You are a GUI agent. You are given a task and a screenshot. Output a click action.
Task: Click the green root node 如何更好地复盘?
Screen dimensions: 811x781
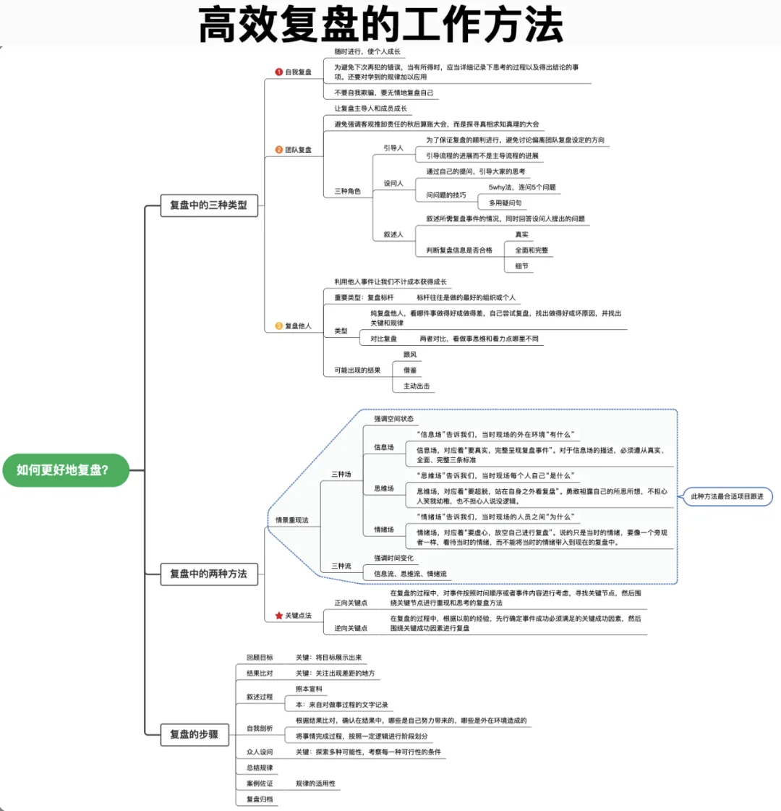pos(65,470)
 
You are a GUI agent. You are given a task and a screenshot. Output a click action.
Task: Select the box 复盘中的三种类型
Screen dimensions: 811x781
pos(208,205)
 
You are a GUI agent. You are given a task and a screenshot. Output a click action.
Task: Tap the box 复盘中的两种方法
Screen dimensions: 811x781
pos(208,574)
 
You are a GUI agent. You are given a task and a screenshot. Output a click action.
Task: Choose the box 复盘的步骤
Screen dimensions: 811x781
pos(194,734)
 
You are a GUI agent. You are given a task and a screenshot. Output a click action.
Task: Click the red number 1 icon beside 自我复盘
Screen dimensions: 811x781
pos(279,72)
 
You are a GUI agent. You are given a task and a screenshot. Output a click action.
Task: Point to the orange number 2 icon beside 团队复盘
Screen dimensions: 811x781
pos(279,150)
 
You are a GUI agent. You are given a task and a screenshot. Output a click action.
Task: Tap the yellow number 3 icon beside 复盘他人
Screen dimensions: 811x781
pos(279,326)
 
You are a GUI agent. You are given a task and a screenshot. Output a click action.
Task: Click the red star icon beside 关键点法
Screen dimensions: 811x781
pos(279,616)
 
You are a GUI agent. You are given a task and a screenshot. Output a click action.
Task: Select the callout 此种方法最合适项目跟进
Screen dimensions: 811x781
pos(727,496)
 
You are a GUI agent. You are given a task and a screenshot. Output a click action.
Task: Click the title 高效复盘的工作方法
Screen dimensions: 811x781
pos(380,25)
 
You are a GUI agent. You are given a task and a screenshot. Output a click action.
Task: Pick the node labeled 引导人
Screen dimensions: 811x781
pos(393,148)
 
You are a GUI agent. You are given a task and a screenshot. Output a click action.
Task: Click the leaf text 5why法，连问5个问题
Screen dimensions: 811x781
pos(522,187)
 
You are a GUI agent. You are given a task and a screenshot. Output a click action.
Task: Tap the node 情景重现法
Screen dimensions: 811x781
pos(292,520)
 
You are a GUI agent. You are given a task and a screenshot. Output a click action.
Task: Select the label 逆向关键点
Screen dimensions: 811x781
pos(351,628)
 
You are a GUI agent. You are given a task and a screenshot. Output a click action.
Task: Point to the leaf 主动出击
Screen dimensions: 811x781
pos(417,386)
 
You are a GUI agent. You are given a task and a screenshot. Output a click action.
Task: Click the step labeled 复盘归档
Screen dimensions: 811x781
pos(260,799)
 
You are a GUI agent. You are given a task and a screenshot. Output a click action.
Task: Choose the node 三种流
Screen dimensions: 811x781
pos(341,566)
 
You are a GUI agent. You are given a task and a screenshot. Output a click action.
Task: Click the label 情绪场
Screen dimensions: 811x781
pos(384,530)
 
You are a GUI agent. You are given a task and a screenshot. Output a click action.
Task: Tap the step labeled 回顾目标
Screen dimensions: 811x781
pos(260,658)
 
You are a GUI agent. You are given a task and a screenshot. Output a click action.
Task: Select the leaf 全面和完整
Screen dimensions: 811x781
pos(532,250)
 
